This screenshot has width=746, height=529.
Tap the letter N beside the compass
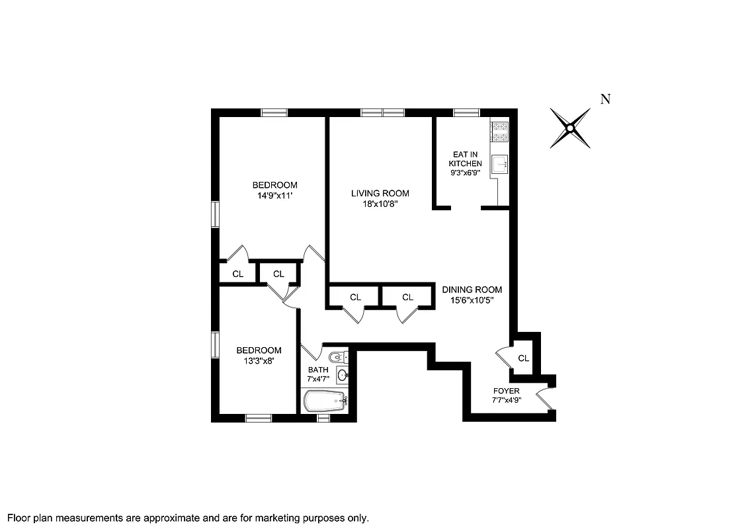[604, 99]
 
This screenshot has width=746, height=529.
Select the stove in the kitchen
[499, 132]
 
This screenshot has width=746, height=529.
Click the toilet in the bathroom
[338, 356]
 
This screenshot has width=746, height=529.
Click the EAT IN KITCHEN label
[466, 159]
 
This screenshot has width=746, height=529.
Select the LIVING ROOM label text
[380, 193]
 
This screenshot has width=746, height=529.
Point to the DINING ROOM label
[472, 290]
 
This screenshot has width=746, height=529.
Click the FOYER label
[506, 391]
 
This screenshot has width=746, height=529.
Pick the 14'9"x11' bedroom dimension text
[274, 196]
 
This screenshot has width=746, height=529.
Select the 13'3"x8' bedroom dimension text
[259, 361]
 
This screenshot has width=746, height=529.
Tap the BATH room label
[317, 370]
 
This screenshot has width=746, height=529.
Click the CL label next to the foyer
[523, 358]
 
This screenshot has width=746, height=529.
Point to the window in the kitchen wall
[466, 112]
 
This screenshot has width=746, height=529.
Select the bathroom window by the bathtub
[323, 418]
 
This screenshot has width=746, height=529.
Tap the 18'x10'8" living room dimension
[380, 204]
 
